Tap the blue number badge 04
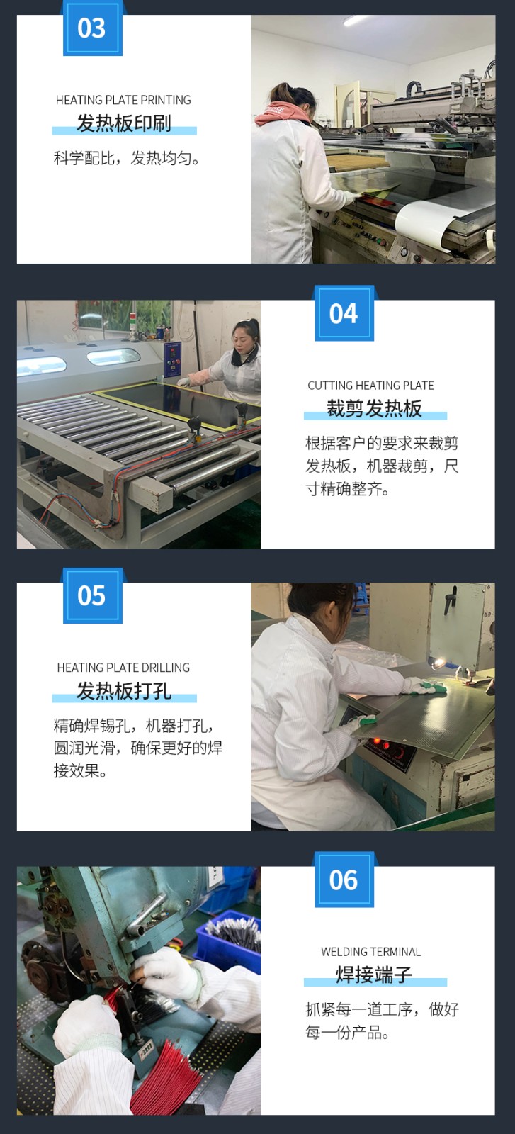click(x=344, y=313)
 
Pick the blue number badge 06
click(x=344, y=880)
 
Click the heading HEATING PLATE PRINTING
click(x=123, y=100)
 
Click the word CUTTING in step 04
click(x=330, y=386)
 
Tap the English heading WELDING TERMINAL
click(x=370, y=952)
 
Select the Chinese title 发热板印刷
click(x=124, y=123)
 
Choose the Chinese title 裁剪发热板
click(x=374, y=408)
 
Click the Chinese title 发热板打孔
click(x=124, y=690)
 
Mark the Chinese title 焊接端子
click(x=374, y=975)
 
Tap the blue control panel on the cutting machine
click(x=172, y=359)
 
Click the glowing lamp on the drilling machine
click(x=438, y=663)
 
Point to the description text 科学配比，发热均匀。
click(x=127, y=159)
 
